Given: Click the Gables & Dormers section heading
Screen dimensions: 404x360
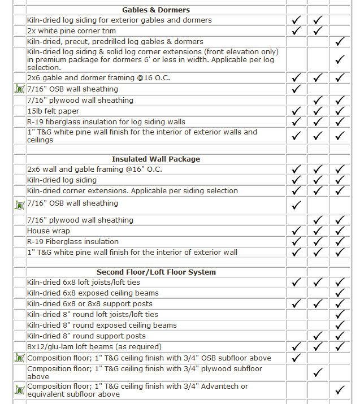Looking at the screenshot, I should point(156,10).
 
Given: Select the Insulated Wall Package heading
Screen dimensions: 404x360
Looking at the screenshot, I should point(156,159).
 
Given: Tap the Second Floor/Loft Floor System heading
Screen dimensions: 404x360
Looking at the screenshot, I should point(156,272).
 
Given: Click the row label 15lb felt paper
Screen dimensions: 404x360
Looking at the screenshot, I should point(53,111).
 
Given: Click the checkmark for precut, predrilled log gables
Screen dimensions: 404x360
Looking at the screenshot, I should point(340,42).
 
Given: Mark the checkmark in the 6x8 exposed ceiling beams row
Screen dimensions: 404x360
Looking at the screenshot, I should point(340,293).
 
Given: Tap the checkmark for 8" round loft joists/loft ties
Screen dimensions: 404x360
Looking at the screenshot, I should point(340,315).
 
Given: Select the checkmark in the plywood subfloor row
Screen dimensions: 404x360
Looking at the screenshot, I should point(318,372).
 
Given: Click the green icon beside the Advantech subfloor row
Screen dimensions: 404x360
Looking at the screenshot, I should point(20,390).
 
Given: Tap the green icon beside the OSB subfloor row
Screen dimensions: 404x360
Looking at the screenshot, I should point(20,358).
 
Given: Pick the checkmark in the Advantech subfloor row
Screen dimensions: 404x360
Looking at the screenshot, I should point(340,390).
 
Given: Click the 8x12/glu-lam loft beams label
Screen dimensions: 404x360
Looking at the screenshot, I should point(94,346).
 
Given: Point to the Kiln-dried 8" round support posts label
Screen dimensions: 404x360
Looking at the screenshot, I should point(86,336).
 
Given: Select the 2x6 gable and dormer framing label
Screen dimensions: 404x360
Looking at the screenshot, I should point(98,77).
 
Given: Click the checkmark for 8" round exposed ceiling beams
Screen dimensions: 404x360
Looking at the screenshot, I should point(340,325).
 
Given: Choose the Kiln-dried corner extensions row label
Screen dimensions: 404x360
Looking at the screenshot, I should point(132,190).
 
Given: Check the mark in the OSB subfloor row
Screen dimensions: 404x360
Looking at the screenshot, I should point(296,358).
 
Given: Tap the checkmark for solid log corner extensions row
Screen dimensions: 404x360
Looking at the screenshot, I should point(340,59).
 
